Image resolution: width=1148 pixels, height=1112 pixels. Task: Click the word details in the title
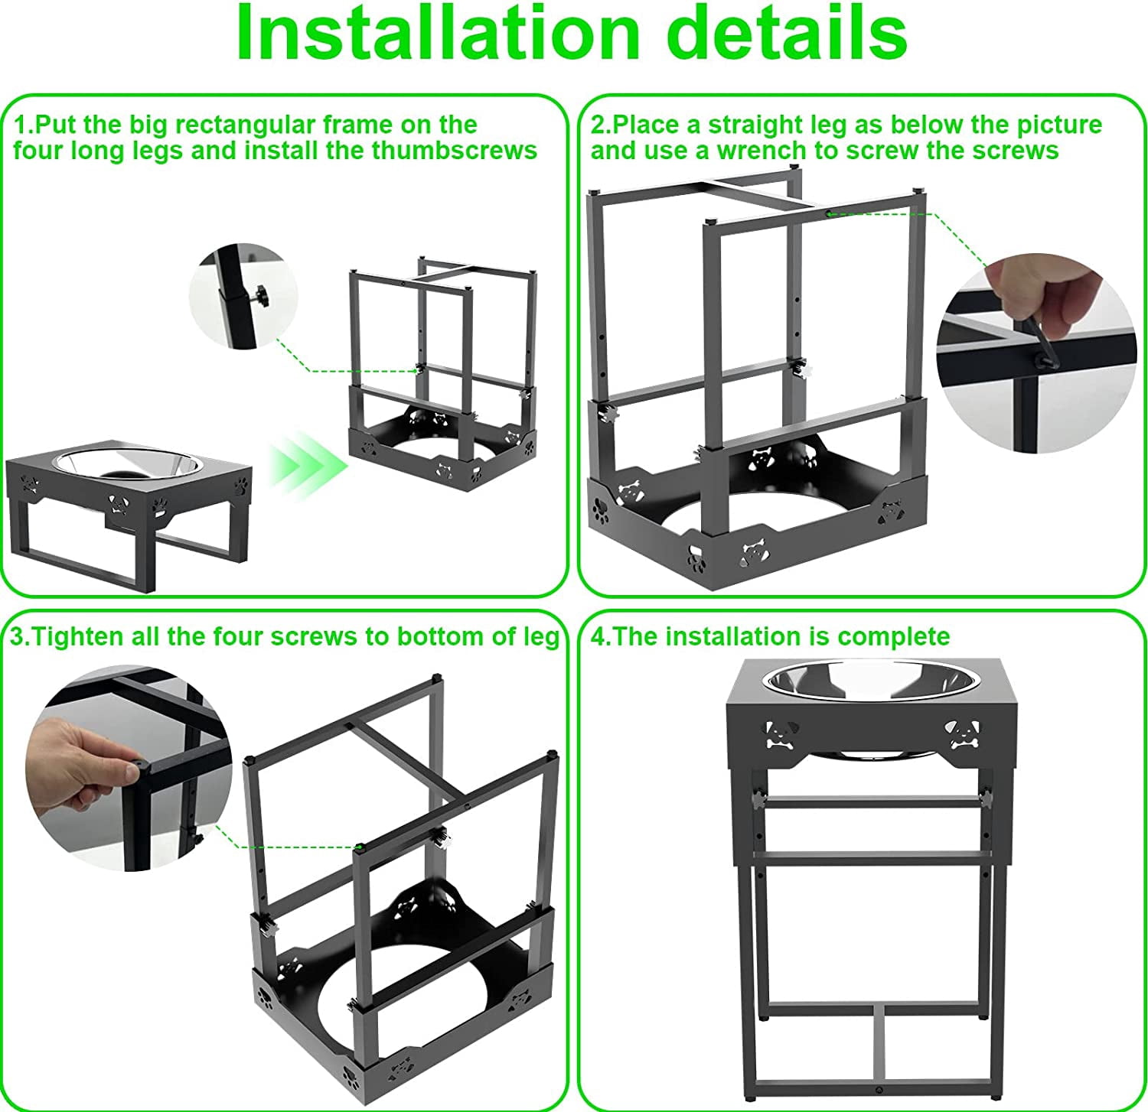[x=792, y=34]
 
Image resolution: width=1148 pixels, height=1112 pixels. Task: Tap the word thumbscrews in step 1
[x=455, y=151]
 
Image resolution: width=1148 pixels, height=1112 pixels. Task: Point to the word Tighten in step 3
[x=79, y=637]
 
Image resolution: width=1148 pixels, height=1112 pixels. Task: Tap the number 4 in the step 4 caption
[x=597, y=637]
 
